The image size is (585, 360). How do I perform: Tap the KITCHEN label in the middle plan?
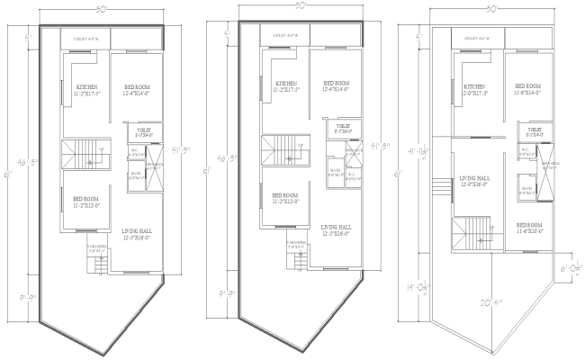pyautogui.click(x=286, y=81)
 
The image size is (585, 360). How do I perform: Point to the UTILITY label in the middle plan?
pyautogui.click(x=285, y=36)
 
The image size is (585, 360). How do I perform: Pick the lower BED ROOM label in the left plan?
pyautogui.click(x=85, y=199)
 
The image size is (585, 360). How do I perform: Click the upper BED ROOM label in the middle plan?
pyautogui.click(x=337, y=82)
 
